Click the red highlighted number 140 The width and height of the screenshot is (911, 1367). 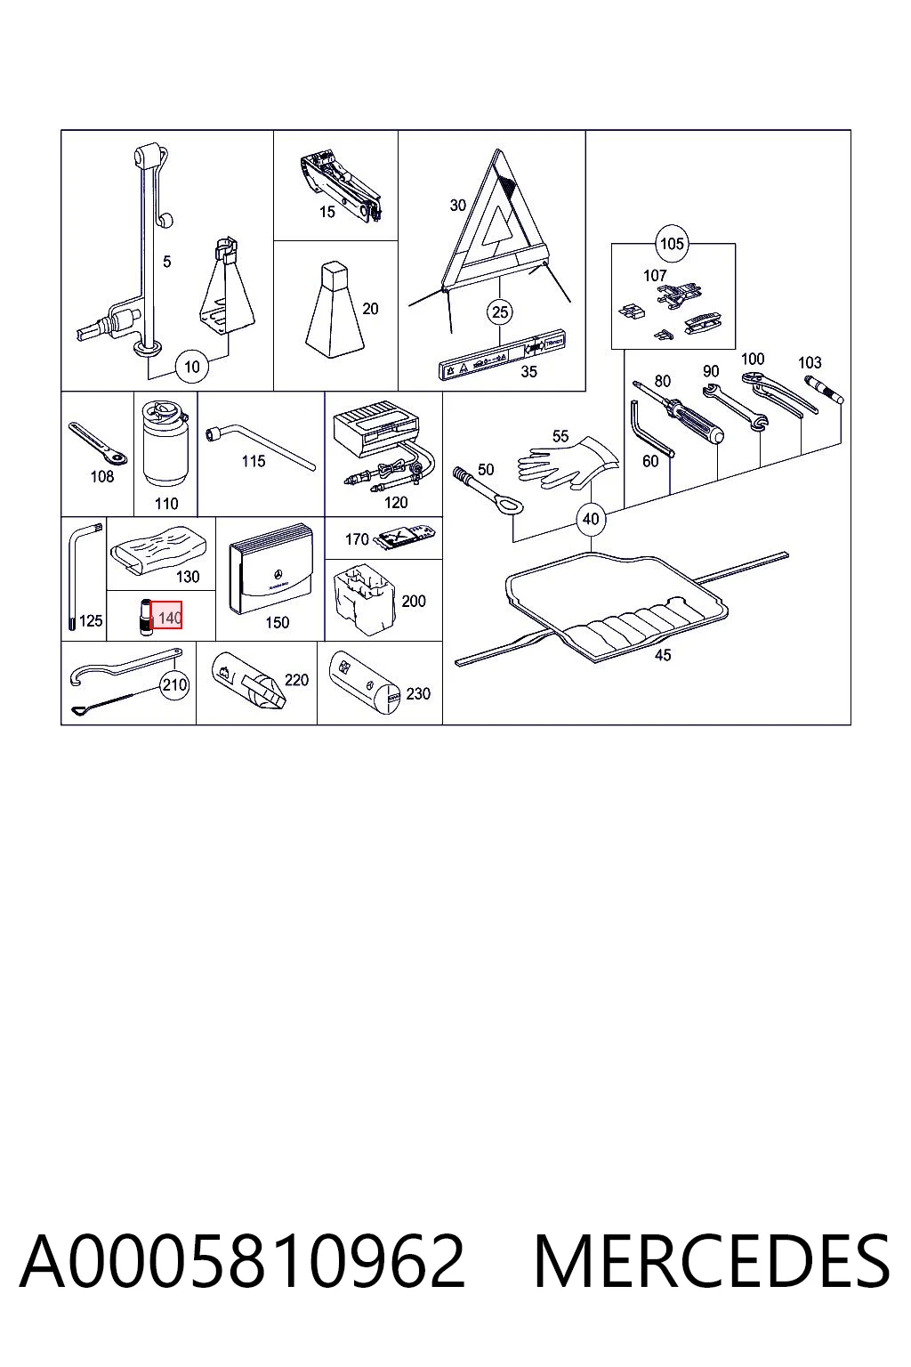coord(166,617)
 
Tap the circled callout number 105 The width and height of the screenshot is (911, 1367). coord(671,244)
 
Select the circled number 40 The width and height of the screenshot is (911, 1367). coord(591,520)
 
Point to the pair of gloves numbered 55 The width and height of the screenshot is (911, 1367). coord(568,462)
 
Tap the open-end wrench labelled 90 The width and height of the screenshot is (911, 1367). coord(735,407)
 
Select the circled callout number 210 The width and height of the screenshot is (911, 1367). coord(174,684)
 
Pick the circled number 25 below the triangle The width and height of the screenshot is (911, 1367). coord(500,312)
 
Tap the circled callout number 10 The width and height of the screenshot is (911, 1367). coord(191,367)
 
